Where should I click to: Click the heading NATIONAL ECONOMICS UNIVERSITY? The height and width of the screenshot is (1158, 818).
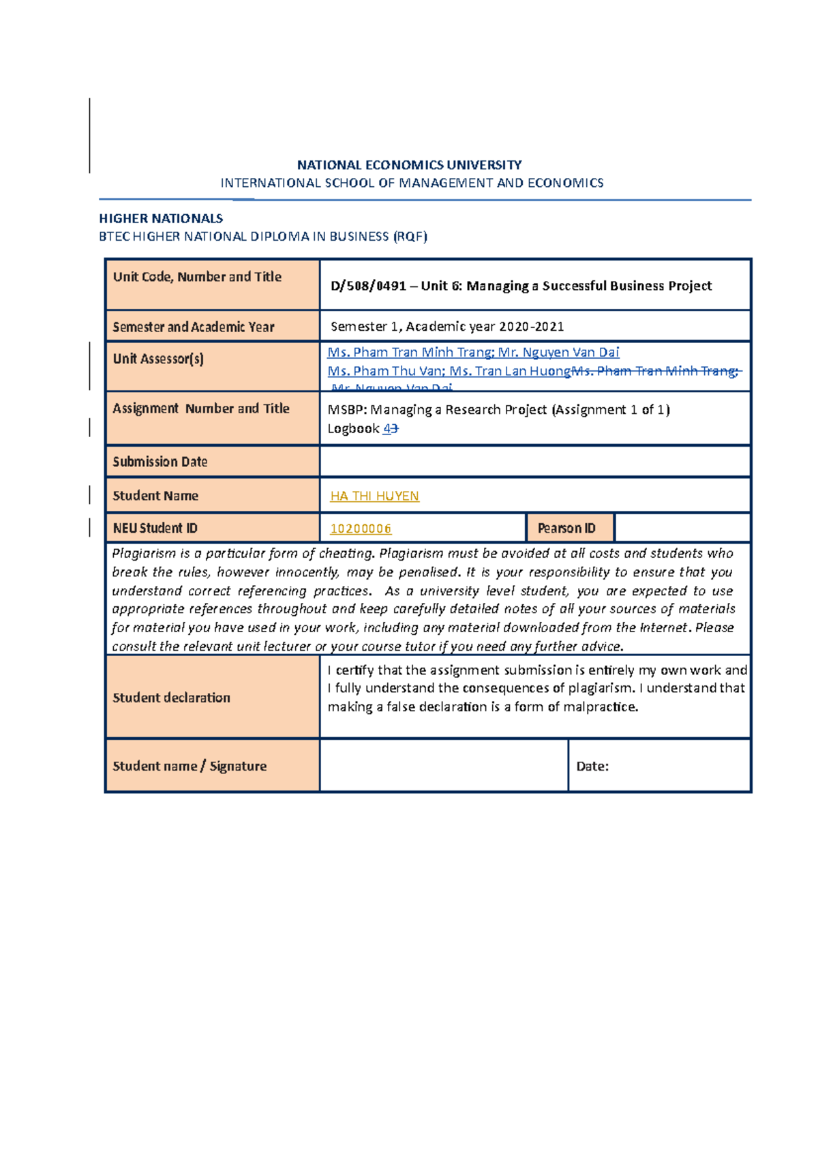tap(409, 165)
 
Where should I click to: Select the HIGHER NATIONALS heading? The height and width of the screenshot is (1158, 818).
tap(161, 219)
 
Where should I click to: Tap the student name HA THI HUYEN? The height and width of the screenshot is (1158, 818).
tap(374, 496)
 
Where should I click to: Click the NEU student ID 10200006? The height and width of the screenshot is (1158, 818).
tap(361, 529)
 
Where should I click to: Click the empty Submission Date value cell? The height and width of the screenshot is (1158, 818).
tap(535, 462)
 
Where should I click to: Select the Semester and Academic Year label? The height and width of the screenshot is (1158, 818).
tap(194, 327)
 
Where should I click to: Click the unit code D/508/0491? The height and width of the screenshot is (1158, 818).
tap(368, 286)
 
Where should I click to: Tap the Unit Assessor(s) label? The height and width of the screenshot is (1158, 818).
tap(158, 359)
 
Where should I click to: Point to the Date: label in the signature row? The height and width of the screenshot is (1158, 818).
tap(592, 767)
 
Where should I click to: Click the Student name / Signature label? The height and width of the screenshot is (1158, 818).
tap(190, 767)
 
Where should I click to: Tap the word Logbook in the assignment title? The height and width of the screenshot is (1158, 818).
tap(353, 429)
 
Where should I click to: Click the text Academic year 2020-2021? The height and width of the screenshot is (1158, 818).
tap(485, 327)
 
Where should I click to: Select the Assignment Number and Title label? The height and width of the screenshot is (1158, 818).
tap(201, 409)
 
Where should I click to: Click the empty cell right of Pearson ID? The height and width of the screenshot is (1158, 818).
tap(682, 529)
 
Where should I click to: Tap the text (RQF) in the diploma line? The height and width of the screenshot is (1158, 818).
tap(410, 237)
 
